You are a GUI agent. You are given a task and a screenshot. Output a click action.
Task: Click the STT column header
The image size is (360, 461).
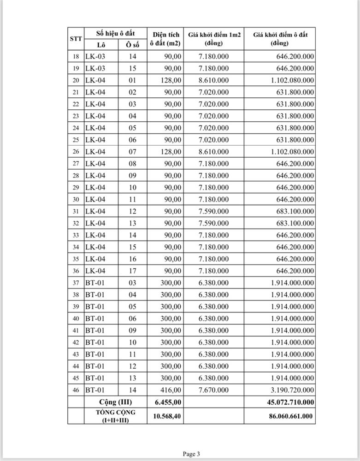pyautogui.click(x=76, y=39)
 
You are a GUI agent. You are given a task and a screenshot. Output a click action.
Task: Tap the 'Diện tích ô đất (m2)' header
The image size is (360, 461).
pyautogui.click(x=165, y=39)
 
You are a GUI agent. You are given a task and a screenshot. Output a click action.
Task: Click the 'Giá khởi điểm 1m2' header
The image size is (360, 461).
pyautogui.click(x=213, y=39)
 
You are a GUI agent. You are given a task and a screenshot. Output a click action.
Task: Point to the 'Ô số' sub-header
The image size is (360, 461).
pyautogui.click(x=132, y=45)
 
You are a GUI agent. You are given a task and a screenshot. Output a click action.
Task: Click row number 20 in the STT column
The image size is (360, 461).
pyautogui.click(x=76, y=80)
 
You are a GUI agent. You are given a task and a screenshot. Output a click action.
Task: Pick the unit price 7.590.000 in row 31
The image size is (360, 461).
pyautogui.click(x=213, y=211)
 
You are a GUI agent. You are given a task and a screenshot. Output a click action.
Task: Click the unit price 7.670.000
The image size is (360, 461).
pyautogui.click(x=213, y=390)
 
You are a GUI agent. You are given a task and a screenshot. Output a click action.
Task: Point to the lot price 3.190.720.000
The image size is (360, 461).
pyautogui.click(x=290, y=390)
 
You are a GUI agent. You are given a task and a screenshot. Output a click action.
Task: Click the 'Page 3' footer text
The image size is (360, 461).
pyautogui.click(x=191, y=454)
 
